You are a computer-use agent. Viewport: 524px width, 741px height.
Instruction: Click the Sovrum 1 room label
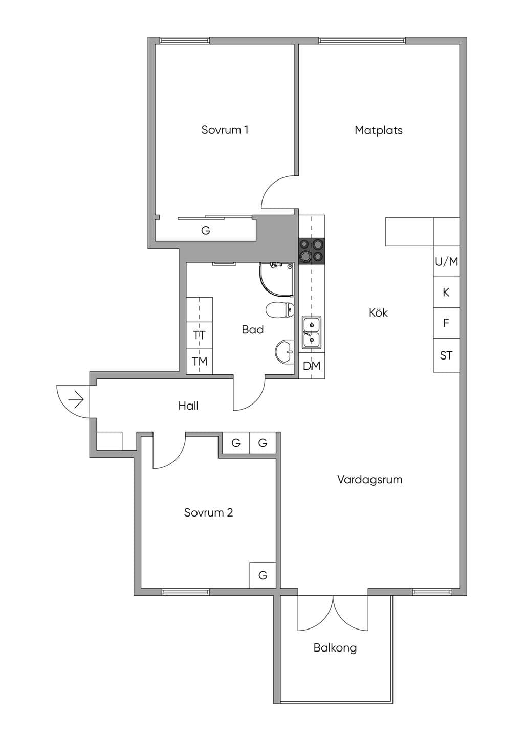[225, 130]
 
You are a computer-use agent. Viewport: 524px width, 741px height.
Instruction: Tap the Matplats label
[378, 130]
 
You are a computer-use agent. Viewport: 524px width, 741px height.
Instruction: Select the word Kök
[378, 312]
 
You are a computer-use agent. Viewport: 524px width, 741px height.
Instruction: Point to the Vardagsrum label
[370, 480]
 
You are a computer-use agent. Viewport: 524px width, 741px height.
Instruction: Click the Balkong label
[335, 648]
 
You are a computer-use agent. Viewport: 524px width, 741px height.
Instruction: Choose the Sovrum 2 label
[209, 512]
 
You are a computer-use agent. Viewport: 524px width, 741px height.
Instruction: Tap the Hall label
[188, 406]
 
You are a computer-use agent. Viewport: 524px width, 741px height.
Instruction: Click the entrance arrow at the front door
[76, 399]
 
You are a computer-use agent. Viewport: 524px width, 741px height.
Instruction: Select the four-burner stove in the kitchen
[312, 251]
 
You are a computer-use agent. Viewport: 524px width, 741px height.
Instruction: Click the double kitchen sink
[311, 332]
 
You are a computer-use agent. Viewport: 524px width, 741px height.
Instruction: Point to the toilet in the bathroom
[280, 309]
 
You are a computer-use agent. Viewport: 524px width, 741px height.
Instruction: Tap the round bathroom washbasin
[285, 352]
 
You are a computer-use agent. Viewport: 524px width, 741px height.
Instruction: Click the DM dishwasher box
[312, 366]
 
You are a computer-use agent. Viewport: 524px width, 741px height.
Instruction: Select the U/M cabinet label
[446, 262]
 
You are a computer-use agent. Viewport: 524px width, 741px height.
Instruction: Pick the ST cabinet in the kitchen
[446, 355]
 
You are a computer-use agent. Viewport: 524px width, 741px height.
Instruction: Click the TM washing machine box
[199, 361]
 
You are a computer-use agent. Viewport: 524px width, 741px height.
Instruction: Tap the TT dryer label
[199, 335]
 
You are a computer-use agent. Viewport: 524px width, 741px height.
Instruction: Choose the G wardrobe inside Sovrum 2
[263, 575]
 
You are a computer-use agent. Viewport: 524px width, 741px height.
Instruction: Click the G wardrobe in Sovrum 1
[206, 230]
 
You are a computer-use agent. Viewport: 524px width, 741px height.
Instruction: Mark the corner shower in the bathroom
[277, 280]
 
